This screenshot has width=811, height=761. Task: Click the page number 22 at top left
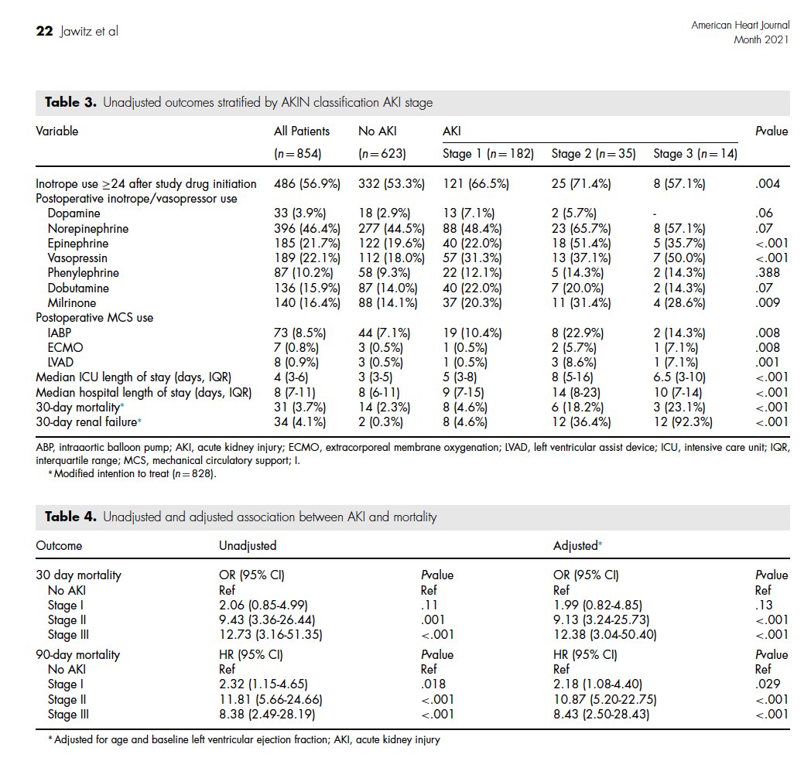pyautogui.click(x=43, y=31)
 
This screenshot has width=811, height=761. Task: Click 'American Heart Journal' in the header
pyautogui.click(x=740, y=26)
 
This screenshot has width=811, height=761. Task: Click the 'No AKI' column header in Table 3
pyautogui.click(x=377, y=131)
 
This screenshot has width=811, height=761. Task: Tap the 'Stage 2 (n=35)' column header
pyautogui.click(x=594, y=154)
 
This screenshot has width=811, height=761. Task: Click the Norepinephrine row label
pyautogui.click(x=87, y=229)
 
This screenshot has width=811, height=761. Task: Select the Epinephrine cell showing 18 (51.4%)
pyautogui.click(x=581, y=244)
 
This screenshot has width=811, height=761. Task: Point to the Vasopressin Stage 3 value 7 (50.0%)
pyautogui.click(x=679, y=258)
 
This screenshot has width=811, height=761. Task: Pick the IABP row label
pyautogui.click(x=60, y=333)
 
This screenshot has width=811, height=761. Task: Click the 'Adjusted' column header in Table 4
pyautogui.click(x=577, y=546)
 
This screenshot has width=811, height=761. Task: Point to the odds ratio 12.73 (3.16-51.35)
pyautogui.click(x=270, y=635)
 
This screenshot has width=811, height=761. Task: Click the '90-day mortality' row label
pyautogui.click(x=77, y=655)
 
